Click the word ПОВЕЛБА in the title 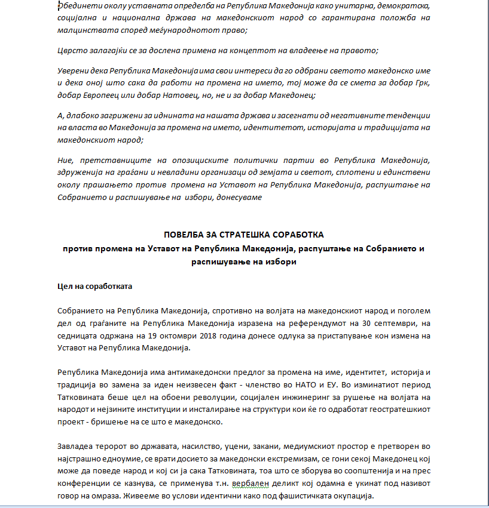(x=182, y=235)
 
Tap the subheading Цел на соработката (x=94, y=286)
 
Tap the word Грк (x=421, y=82)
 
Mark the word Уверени (x=75, y=70)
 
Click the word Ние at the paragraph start (x=65, y=161)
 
